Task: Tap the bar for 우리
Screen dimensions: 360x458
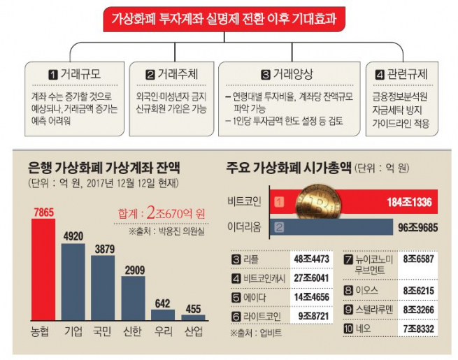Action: [163, 314]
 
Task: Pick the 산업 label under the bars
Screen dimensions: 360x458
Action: [193, 329]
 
